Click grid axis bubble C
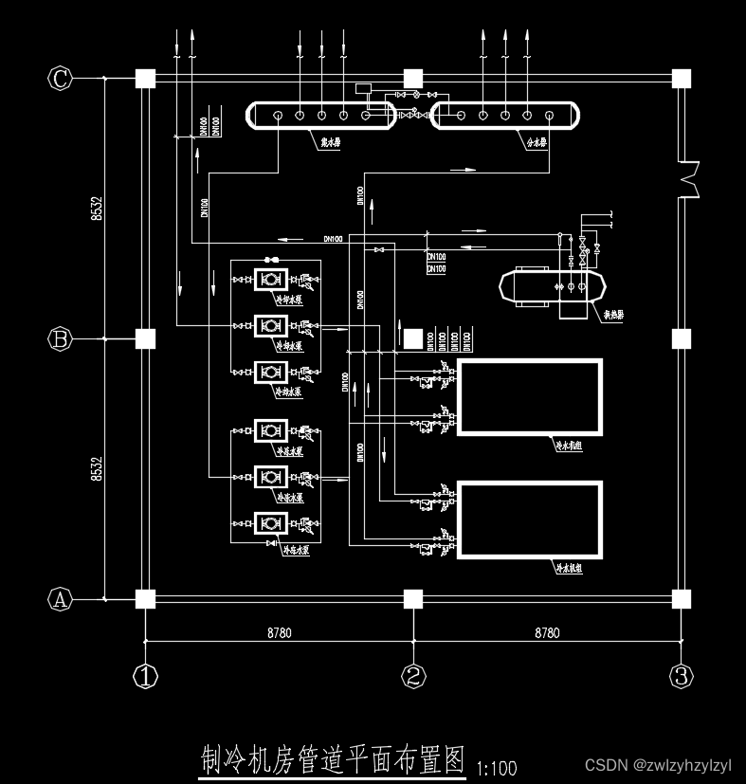pyautogui.click(x=61, y=79)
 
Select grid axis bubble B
pyautogui.click(x=61, y=337)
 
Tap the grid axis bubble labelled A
pyautogui.click(x=61, y=598)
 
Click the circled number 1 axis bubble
pyautogui.click(x=145, y=676)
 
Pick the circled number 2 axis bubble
pyautogui.click(x=412, y=676)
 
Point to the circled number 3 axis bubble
pyautogui.click(x=681, y=676)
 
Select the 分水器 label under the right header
pyautogui.click(x=536, y=144)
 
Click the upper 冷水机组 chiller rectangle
pyautogui.click(x=529, y=397)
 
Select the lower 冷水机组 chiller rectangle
pyautogui.click(x=529, y=520)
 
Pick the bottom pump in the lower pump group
pyautogui.click(x=270, y=522)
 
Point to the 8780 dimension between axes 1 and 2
pyautogui.click(x=280, y=632)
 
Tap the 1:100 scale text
pyautogui.click(x=497, y=767)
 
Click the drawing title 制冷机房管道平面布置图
pyautogui.click(x=333, y=759)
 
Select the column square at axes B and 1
pyautogui.click(x=145, y=338)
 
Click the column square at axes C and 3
pyautogui.click(x=681, y=79)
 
